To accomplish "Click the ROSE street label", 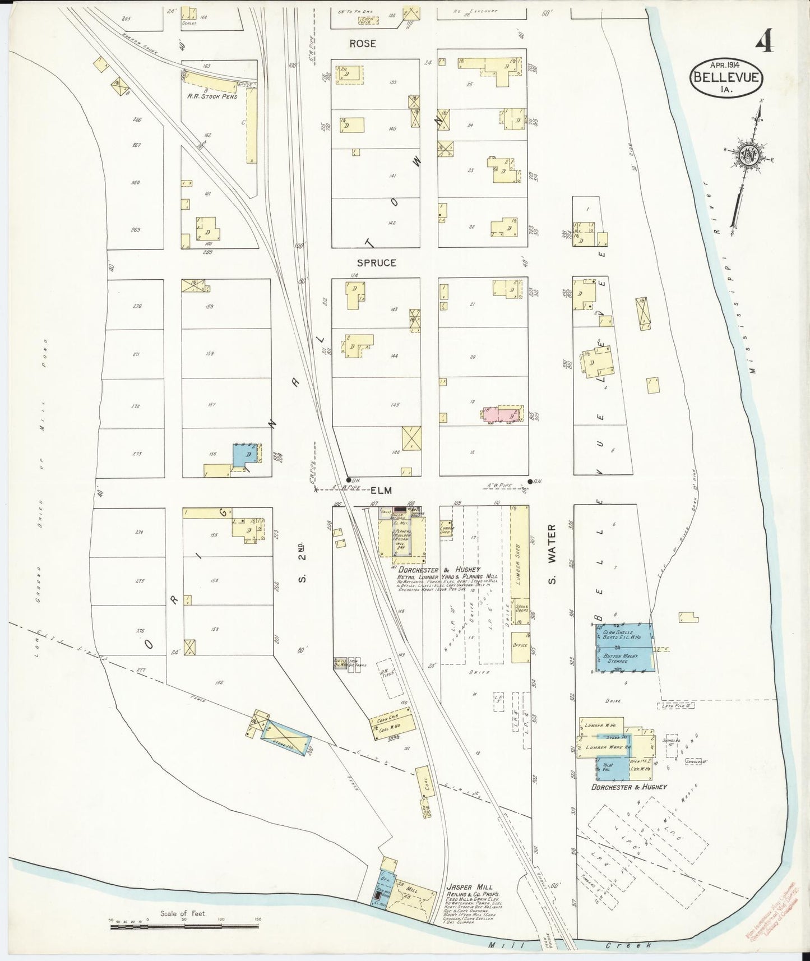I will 363,43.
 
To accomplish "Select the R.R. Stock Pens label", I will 214,96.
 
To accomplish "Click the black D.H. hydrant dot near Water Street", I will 530,481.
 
